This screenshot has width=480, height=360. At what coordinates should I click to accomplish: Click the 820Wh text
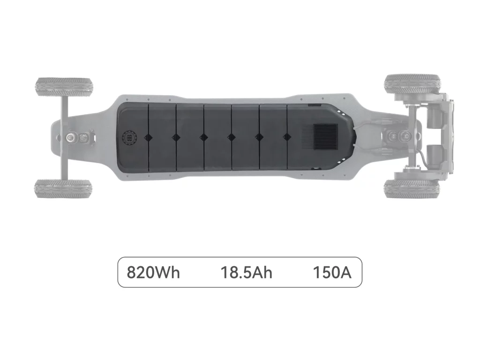(153, 272)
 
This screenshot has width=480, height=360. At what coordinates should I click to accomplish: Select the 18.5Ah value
(247, 272)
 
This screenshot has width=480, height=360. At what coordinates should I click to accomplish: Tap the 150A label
(332, 272)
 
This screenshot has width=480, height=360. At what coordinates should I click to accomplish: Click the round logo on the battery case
(129, 137)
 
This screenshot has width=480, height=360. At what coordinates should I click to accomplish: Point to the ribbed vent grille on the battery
(326, 136)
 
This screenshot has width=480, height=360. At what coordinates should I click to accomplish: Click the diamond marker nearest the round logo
(148, 137)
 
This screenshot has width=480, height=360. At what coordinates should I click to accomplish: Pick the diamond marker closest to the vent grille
(286, 137)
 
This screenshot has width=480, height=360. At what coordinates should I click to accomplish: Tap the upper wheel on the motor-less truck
(64, 87)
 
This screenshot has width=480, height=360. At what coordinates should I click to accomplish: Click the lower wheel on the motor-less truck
(63, 188)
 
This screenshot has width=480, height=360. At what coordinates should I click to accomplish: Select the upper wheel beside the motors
(412, 83)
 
